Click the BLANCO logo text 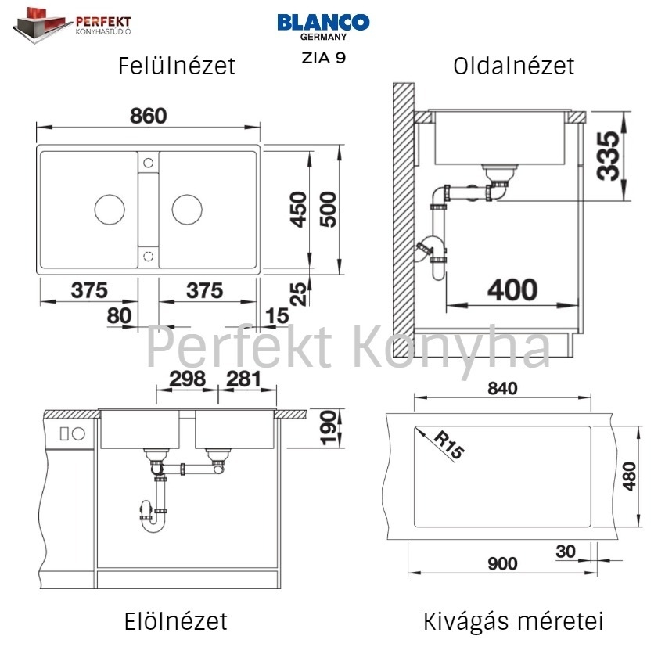click(x=323, y=23)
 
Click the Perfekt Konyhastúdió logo click(x=72, y=24)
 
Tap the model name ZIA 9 click(x=324, y=58)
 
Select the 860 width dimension click(x=149, y=116)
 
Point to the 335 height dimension click(x=607, y=156)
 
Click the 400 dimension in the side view click(x=512, y=290)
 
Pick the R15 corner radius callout click(x=449, y=445)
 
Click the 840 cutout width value click(x=502, y=389)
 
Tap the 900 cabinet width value click(x=502, y=563)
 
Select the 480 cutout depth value click(x=629, y=476)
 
